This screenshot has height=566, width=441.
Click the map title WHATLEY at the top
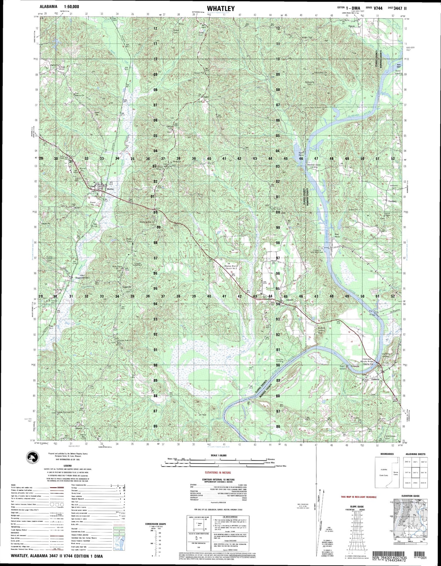pyautogui.click(x=220, y=9)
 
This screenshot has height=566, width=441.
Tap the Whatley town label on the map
pyautogui.click(x=110, y=189)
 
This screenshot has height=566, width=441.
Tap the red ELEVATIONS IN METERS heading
pyautogui.click(x=218, y=472)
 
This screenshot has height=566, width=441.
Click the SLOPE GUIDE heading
pyautogui.click(x=357, y=506)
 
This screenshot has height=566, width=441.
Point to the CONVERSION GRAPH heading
pyautogui.click(x=156, y=523)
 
